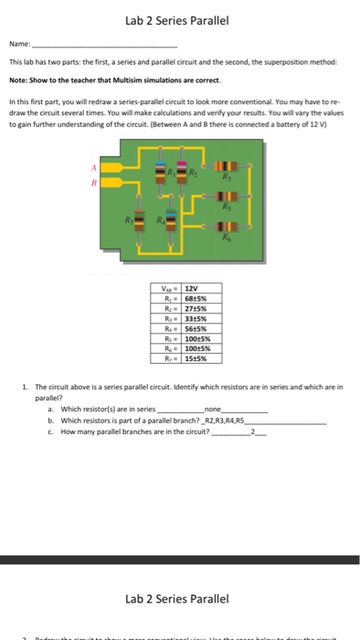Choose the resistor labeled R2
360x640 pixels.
coord(179,176)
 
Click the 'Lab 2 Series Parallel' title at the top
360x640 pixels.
coord(179,21)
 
